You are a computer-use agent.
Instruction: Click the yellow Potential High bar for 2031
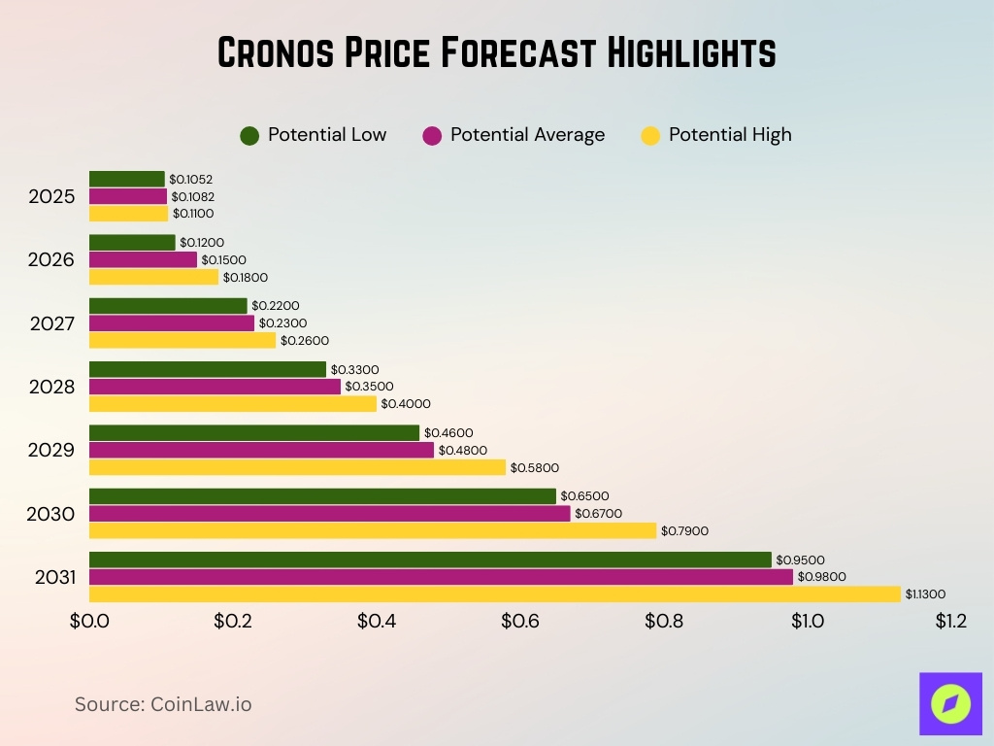[495, 594]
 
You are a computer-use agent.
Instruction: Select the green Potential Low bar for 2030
[322, 496]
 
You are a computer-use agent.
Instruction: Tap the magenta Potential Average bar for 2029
[261, 450]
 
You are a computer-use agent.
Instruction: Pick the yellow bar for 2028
[233, 403]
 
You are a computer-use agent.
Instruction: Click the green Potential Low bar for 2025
[127, 179]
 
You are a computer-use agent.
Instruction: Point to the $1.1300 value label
[925, 594]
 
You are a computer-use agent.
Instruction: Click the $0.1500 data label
[223, 259]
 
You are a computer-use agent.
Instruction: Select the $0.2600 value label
[305, 341]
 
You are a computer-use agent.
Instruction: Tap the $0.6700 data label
[599, 513]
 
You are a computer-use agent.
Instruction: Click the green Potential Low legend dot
[249, 136]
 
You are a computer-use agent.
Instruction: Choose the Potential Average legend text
[527, 135]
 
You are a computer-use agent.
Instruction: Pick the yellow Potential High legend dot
[650, 136]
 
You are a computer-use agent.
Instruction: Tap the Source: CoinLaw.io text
[163, 704]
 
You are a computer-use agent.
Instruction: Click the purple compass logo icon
[950, 703]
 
